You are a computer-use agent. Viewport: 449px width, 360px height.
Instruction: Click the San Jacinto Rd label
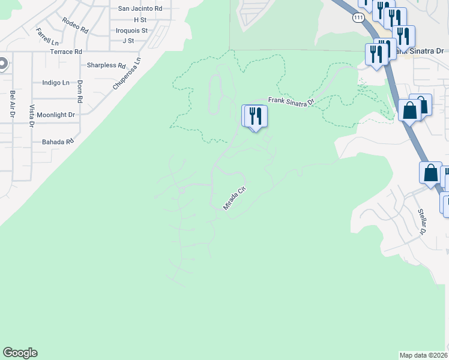pyautogui.click(x=140, y=8)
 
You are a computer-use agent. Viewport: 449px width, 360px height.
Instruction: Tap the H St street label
pyautogui.click(x=140, y=20)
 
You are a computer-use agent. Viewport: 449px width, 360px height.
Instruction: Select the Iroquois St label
pyautogui.click(x=132, y=30)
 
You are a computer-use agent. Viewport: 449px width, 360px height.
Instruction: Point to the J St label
pyautogui.click(x=128, y=41)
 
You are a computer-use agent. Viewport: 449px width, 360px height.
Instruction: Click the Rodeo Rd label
pyautogui.click(x=75, y=25)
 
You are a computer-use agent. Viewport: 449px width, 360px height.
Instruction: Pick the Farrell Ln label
pyautogui.click(x=47, y=37)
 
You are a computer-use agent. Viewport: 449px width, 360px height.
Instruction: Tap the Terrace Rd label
pyautogui.click(x=66, y=52)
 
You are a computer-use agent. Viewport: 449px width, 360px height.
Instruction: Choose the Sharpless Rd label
pyautogui.click(x=106, y=65)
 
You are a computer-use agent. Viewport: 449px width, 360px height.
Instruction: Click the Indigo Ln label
pyautogui.click(x=55, y=83)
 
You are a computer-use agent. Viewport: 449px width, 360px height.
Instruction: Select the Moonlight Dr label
pyautogui.click(x=55, y=115)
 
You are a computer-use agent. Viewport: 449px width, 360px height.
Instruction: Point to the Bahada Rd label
pyautogui.click(x=58, y=142)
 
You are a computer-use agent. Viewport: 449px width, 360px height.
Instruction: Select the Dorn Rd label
pyautogui.click(x=79, y=91)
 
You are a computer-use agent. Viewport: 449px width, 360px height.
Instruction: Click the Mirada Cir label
pyautogui.click(x=235, y=197)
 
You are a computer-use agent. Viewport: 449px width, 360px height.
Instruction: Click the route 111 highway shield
pyautogui.click(x=358, y=18)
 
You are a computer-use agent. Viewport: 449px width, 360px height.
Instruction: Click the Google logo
pyautogui.click(x=20, y=353)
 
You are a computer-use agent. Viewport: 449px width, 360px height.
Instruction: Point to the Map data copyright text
pyautogui.click(x=424, y=355)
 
